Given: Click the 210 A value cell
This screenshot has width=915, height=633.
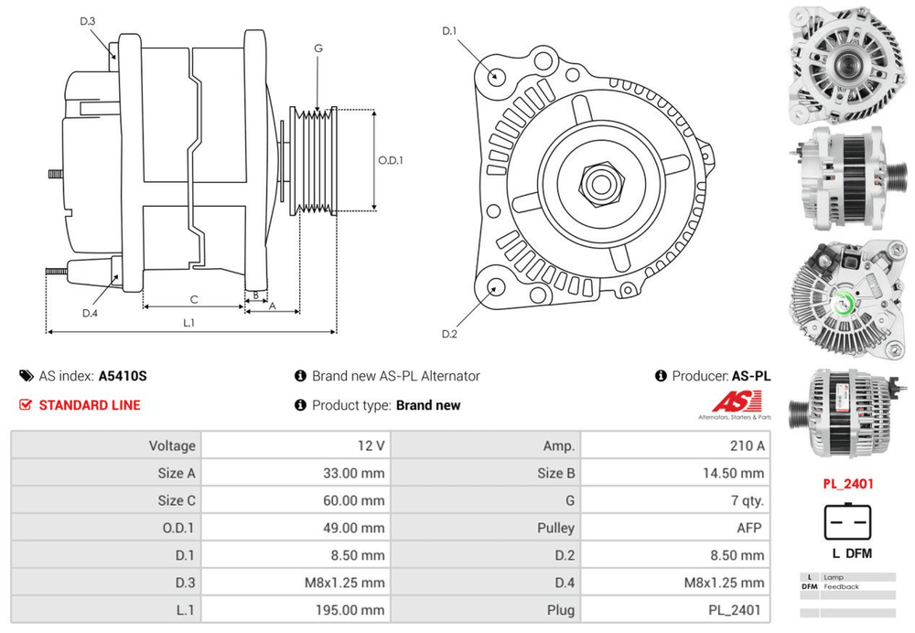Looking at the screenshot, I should (746, 445).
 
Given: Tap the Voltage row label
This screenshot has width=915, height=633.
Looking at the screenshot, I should (172, 445).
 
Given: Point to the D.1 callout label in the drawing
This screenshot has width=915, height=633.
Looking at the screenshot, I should (449, 32).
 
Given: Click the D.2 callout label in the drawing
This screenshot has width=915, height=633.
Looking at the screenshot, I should (449, 334).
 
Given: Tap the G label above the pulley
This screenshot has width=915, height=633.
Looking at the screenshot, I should (318, 48).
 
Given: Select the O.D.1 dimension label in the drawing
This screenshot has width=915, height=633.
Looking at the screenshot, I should (391, 160).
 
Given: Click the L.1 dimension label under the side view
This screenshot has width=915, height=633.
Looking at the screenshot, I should (189, 322).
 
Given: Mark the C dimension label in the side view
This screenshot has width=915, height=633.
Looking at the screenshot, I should (194, 299).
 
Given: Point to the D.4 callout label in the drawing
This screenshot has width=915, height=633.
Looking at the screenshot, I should (90, 314).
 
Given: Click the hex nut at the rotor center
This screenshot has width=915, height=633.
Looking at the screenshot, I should (600, 184).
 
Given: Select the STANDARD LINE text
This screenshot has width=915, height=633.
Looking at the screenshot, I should (90, 405).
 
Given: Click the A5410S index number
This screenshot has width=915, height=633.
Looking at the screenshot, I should (123, 376).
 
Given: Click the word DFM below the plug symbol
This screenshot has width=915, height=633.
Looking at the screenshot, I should (858, 553).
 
